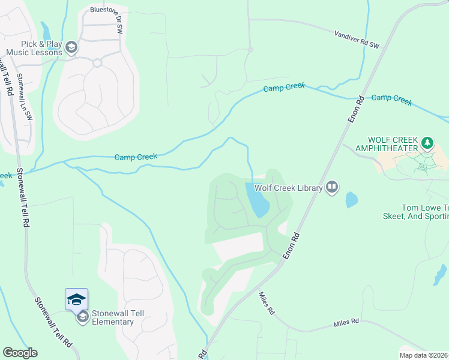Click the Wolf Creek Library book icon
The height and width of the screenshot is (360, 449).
click(x=332, y=188)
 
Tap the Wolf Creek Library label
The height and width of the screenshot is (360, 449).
click(x=289, y=188)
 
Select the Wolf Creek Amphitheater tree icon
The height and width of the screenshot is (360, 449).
click(x=427, y=142)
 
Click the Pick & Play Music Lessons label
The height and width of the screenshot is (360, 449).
click(x=34, y=48)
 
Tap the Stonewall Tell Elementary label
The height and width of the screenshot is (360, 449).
click(x=112, y=317)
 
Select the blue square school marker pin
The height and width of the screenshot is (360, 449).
click(x=76, y=299)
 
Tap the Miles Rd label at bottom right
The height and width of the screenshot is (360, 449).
click(x=346, y=323)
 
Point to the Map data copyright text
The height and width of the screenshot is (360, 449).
click(x=423, y=355)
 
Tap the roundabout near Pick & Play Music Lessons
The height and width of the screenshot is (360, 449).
click(x=97, y=62)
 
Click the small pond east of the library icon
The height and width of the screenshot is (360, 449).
click(x=351, y=200)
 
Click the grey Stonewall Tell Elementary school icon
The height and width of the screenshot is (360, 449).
click(x=83, y=316)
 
